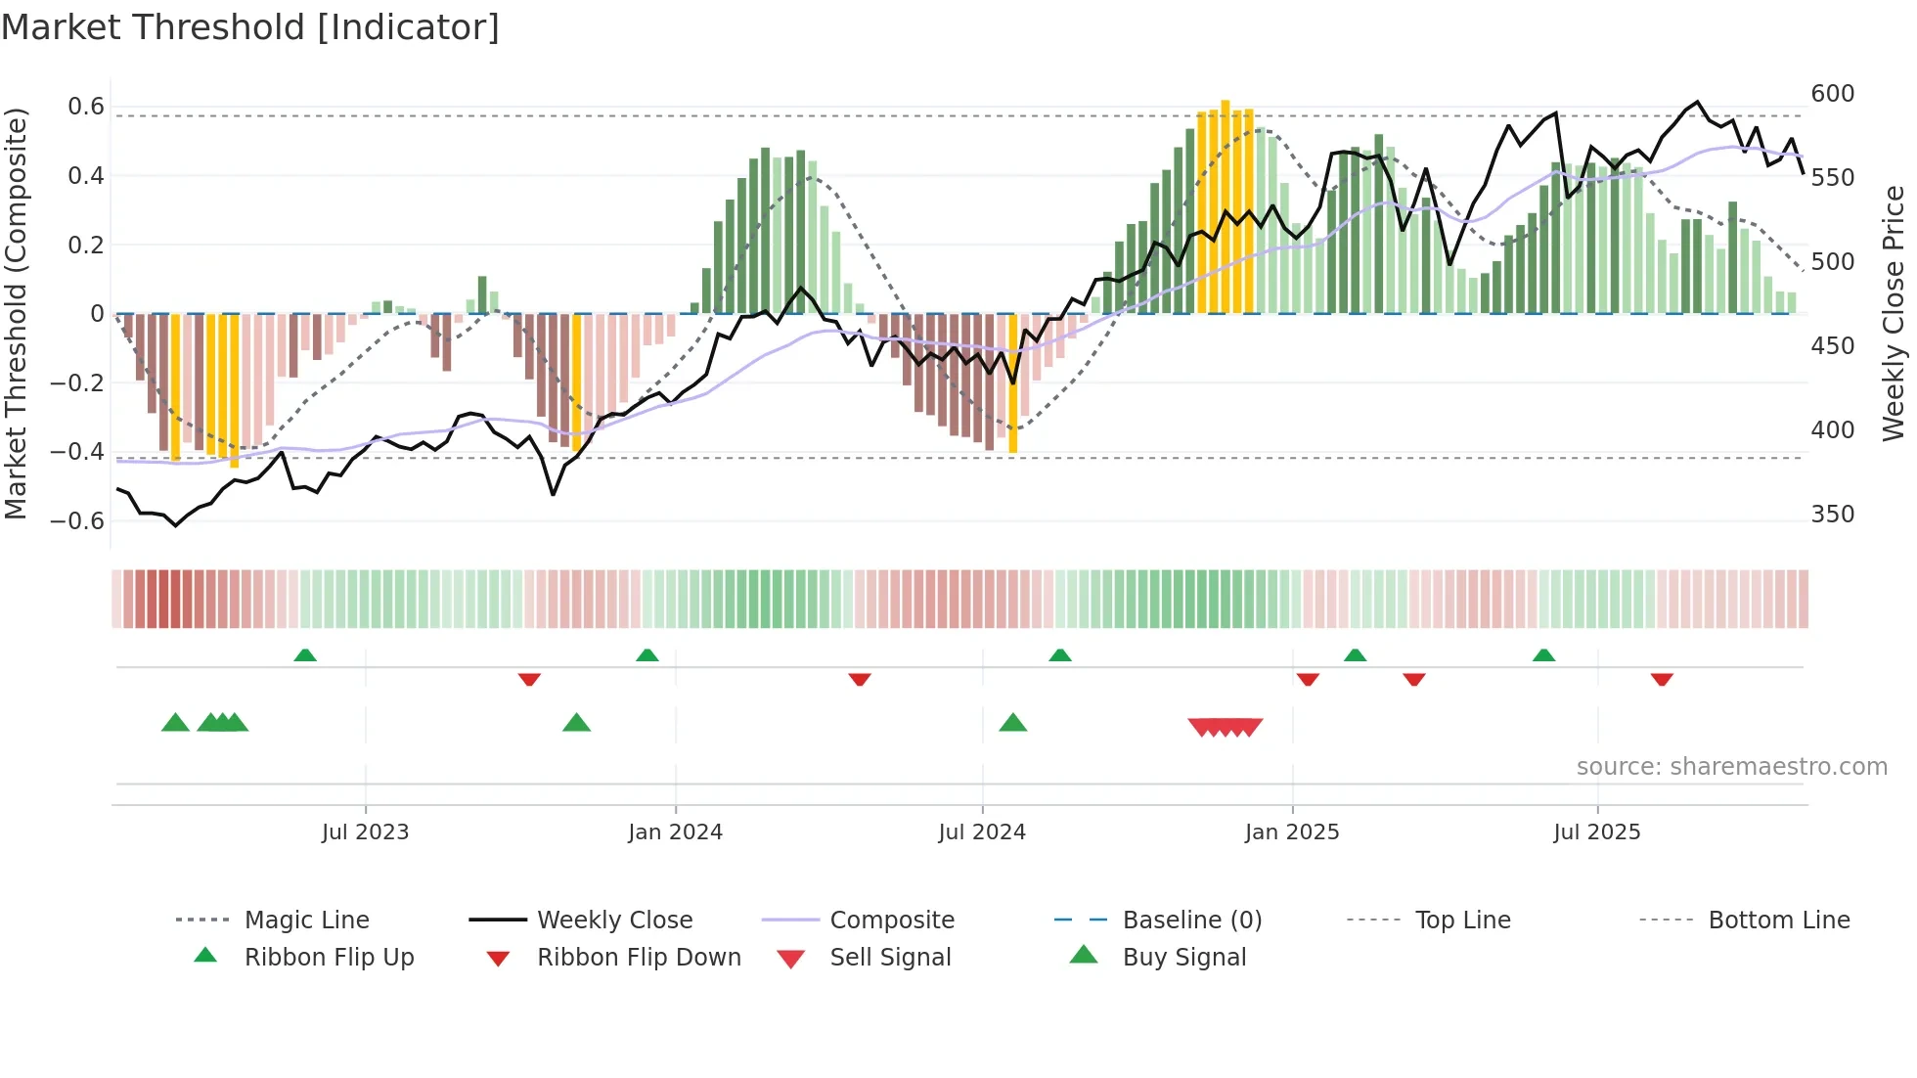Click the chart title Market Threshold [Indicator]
[250, 27]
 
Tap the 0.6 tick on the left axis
[85, 107]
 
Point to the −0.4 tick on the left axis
[77, 452]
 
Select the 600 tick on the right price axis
[1832, 94]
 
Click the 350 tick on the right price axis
[1832, 515]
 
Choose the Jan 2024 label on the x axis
[675, 832]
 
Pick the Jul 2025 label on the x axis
[1596, 832]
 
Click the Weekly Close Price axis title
[1894, 313]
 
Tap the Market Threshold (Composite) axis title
[16, 313]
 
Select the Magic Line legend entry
[306, 921]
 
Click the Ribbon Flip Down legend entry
[638, 958]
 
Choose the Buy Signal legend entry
[1183, 958]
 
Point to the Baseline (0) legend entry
[1191, 921]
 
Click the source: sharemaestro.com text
[1731, 767]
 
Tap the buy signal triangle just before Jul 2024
[1013, 723]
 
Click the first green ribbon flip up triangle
[305, 655]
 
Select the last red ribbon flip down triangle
[1662, 679]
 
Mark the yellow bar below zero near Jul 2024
[1013, 383]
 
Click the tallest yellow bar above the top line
[1226, 205]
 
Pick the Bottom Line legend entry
[1778, 921]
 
